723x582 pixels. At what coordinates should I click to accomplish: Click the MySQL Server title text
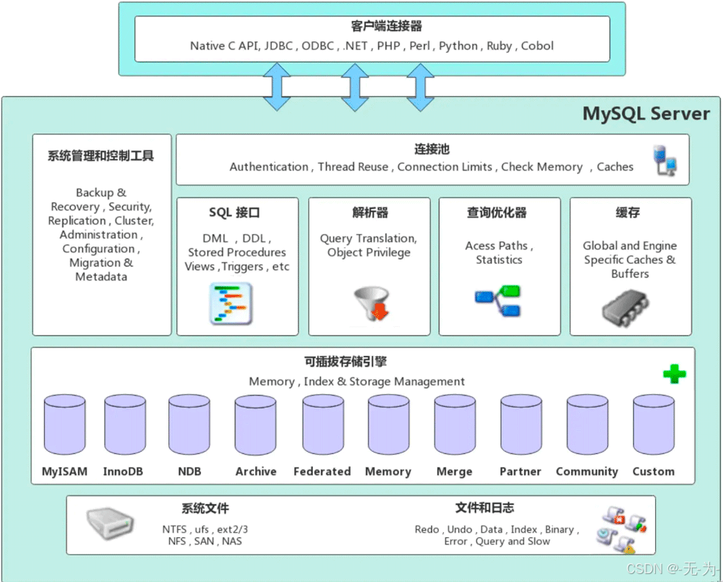tap(646, 114)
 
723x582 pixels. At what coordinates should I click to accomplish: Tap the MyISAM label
tap(64, 471)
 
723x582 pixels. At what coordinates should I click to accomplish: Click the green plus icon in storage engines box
tap(674, 374)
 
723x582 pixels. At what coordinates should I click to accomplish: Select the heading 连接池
tap(432, 149)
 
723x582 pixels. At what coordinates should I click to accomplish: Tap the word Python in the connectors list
tap(458, 46)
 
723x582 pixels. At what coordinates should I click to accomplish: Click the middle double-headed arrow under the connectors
tap(354, 86)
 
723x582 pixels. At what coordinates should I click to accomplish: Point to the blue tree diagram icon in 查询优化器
tap(498, 303)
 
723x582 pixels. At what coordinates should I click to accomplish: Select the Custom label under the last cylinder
tap(653, 471)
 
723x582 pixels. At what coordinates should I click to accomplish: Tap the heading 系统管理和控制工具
tap(101, 155)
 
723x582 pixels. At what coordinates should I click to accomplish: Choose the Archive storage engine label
tap(256, 471)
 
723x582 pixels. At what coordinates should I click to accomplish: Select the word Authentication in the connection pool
tap(269, 166)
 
